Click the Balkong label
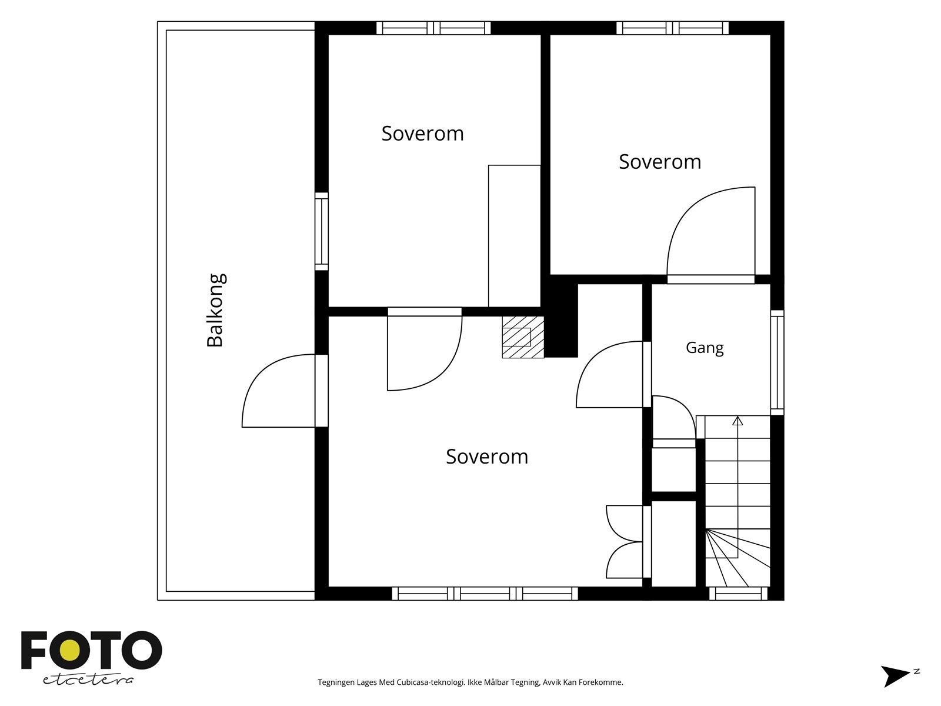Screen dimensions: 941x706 pyautogui.click(x=216, y=310)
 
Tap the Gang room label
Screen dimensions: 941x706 pyautogui.click(x=705, y=348)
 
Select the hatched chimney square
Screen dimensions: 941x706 pyautogui.click(x=523, y=337)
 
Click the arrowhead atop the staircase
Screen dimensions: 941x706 pyautogui.click(x=738, y=421)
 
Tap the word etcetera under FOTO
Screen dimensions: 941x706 pyautogui.click(x=88, y=680)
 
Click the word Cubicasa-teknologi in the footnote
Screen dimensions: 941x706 pyautogui.click(x=431, y=682)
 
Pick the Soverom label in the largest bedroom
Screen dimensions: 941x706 pyautogui.click(x=487, y=457)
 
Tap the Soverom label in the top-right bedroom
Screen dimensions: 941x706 pyautogui.click(x=660, y=162)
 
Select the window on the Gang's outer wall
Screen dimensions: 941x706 pyautogui.click(x=778, y=362)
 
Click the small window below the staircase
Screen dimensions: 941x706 pyautogui.click(x=738, y=594)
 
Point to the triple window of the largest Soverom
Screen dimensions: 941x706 pyautogui.click(x=485, y=594)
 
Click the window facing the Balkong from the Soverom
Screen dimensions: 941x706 pyautogui.click(x=322, y=231)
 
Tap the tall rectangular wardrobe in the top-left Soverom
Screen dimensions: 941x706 pyautogui.click(x=514, y=236)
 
